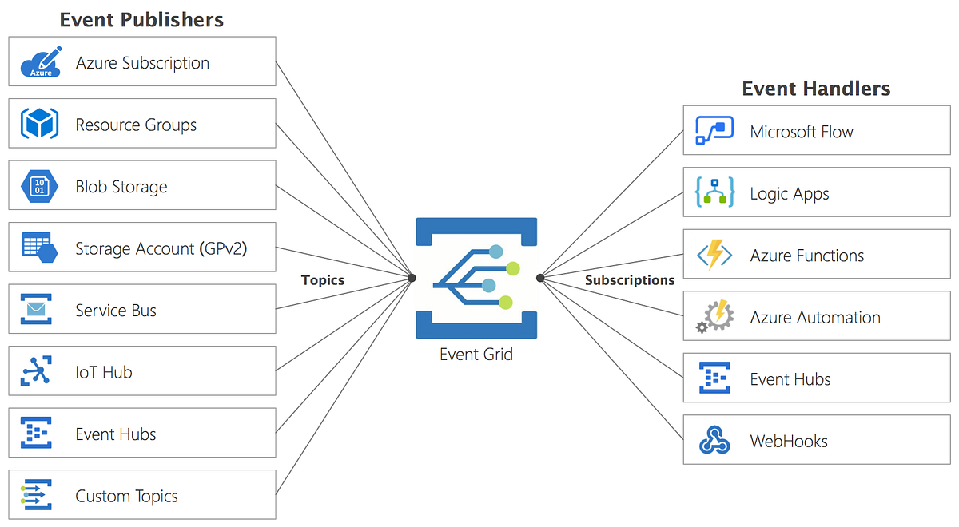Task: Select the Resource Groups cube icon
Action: pyautogui.click(x=39, y=124)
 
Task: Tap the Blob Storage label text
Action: pyautogui.click(x=121, y=187)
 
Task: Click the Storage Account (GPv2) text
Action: pyautogui.click(x=161, y=248)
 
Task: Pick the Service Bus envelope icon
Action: pyautogui.click(x=36, y=310)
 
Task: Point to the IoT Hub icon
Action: pyautogui.click(x=36, y=371)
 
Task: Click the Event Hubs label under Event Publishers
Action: pyautogui.click(x=116, y=434)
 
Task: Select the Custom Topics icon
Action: pyautogui.click(x=36, y=495)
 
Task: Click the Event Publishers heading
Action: pyautogui.click(x=141, y=20)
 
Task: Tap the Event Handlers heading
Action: pyautogui.click(x=816, y=89)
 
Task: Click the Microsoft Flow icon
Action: pyautogui.click(x=714, y=131)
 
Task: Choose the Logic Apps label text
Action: pyautogui.click(x=790, y=194)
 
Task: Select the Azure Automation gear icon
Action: pyautogui.click(x=714, y=317)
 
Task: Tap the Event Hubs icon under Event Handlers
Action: pyautogui.click(x=714, y=378)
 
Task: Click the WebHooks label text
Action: pyautogui.click(x=789, y=441)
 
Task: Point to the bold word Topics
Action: pyautogui.click(x=323, y=280)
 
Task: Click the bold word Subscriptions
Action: pyautogui.click(x=630, y=280)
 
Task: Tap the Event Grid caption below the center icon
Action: pyautogui.click(x=476, y=354)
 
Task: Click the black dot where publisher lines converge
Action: pyautogui.click(x=412, y=278)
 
